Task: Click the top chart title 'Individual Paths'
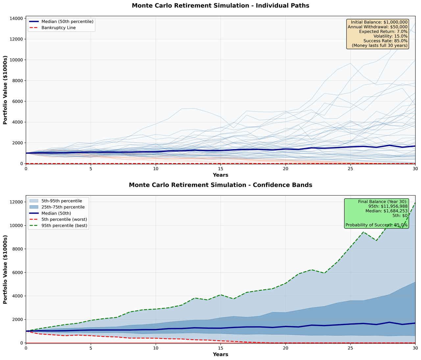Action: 220,6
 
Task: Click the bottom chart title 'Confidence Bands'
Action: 220,185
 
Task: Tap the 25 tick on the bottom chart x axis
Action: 350,348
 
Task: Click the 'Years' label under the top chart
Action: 220,175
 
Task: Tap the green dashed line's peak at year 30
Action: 415,203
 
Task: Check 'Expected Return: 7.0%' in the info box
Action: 383,31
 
